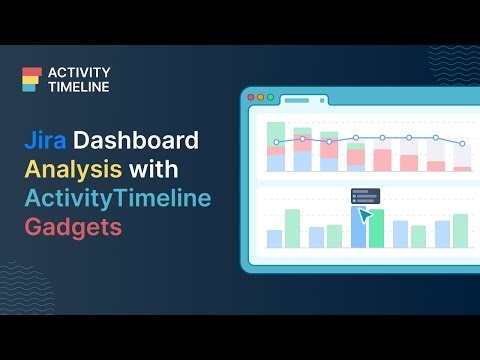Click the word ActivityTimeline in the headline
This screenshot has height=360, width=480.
[118, 198]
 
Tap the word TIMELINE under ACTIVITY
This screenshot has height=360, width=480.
[75, 87]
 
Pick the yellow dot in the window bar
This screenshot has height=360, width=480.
[262, 98]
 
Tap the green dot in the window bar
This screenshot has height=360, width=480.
[270, 98]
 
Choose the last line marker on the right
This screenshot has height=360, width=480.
[462, 144]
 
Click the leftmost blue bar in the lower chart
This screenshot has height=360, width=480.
[274, 239]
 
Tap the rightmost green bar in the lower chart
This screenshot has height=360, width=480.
[461, 231]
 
